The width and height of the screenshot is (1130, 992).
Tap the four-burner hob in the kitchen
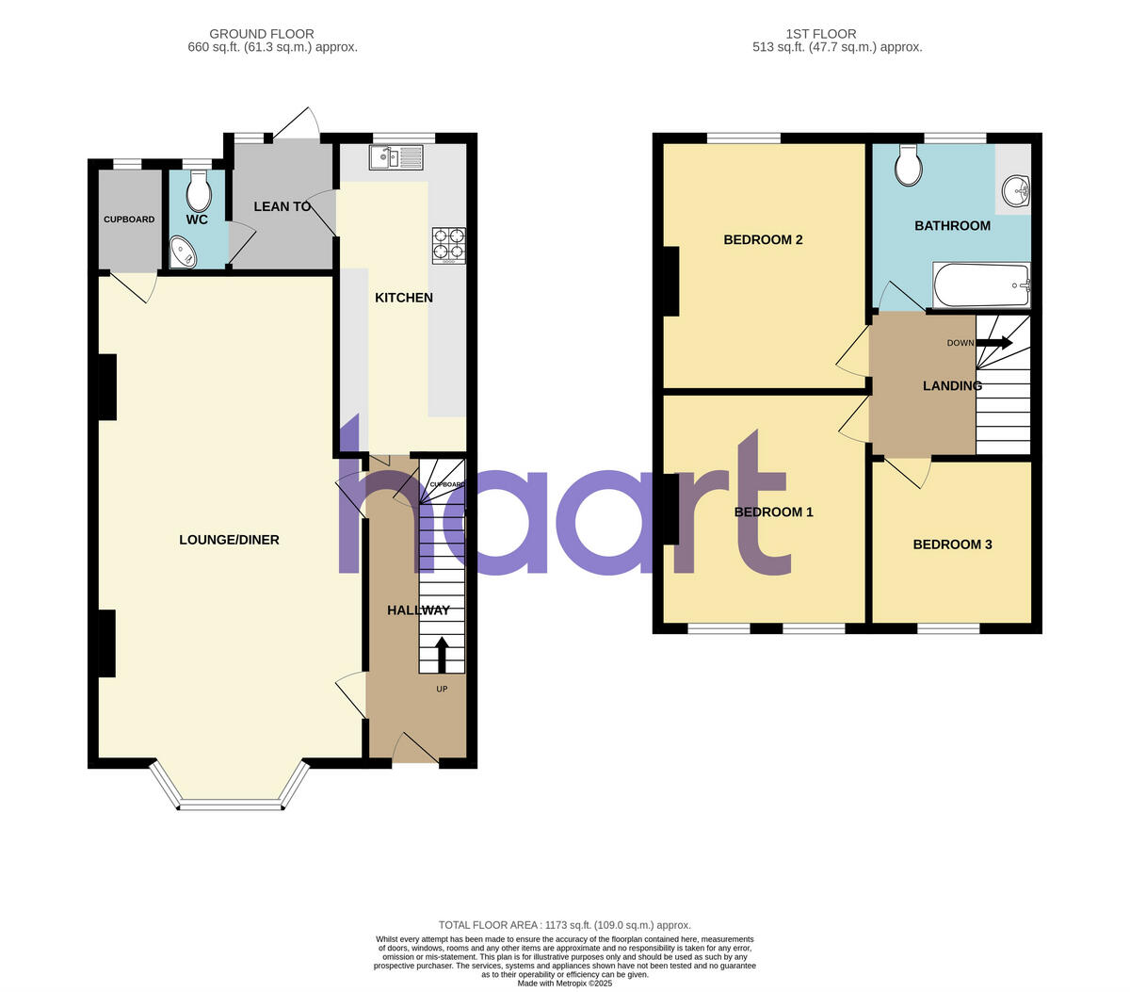coord(448,245)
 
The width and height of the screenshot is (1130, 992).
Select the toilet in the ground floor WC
coord(199,194)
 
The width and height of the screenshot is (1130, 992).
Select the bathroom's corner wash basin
coord(1016,190)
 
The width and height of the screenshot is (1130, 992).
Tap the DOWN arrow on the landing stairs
coord(993,343)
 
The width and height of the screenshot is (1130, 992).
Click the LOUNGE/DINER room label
coord(229,540)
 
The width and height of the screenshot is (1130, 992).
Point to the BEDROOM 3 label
coord(952,545)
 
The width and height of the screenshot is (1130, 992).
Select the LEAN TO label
coord(282,206)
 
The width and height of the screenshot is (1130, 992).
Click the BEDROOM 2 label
coord(763,239)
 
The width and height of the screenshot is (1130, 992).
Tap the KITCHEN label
coord(404,298)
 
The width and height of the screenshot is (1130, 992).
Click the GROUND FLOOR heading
coord(262,34)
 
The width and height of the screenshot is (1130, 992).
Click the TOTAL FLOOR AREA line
coord(564,925)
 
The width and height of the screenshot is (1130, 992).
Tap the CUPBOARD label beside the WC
coord(129,220)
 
